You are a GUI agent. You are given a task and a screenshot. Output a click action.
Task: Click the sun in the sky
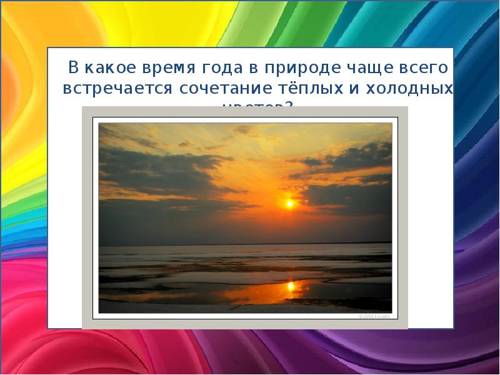289,203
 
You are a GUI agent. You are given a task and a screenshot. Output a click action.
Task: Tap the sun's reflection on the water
290,286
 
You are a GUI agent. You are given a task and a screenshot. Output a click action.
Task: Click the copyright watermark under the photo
374,316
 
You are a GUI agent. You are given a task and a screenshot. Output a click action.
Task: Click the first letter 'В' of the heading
73,67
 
